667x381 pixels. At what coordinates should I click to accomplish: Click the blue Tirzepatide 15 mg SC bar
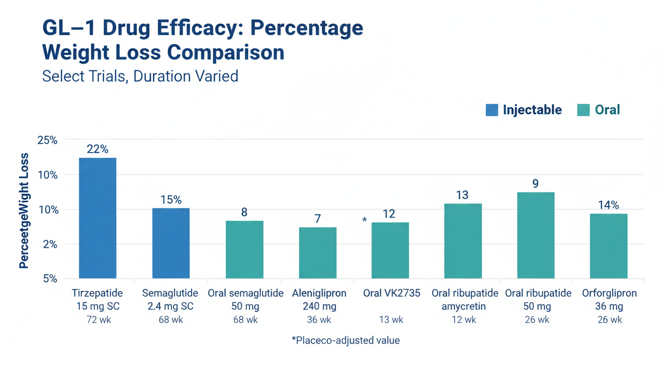pos(97,218)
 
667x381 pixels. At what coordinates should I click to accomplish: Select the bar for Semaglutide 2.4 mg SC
pos(171,243)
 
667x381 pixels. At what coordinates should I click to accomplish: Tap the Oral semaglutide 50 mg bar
pos(244,250)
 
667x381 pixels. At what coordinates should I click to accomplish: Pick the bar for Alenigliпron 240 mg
pos(318,253)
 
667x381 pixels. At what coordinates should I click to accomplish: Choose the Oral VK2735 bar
pos(391,250)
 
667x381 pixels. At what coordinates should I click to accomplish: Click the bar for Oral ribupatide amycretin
pos(463,241)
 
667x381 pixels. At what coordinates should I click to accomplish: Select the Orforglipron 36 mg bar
pos(608,246)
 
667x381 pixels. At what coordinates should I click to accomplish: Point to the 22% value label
pos(97,149)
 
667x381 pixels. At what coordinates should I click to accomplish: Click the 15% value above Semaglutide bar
pos(171,200)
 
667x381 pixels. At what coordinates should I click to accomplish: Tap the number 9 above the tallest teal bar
pos(535,184)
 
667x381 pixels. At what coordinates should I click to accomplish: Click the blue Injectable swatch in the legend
pos(492,110)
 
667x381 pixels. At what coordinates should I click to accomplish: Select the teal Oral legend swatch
pos(584,110)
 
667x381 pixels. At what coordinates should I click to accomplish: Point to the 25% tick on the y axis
pos(48,140)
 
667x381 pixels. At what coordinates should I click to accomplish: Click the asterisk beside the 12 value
pos(365,220)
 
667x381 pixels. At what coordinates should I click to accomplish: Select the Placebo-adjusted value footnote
pos(345,341)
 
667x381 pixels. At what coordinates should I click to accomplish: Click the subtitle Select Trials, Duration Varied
pos(140,76)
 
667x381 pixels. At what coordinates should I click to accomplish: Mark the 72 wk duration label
pos(98,320)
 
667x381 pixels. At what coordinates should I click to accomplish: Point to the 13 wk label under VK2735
pos(391,320)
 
